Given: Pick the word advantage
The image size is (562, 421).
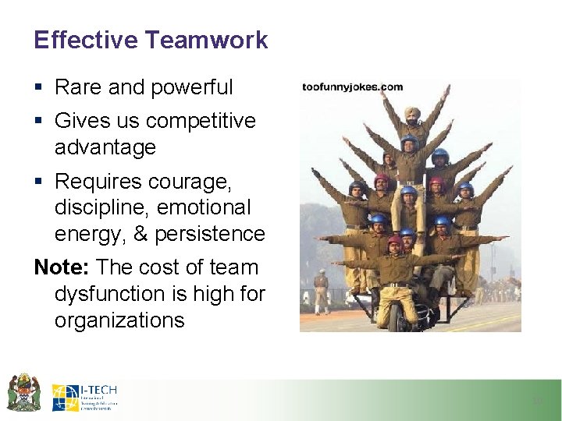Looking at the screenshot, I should click(105, 147).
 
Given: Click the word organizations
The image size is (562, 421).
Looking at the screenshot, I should click(119, 320).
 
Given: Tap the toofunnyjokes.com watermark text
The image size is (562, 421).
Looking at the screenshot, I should click(352, 87).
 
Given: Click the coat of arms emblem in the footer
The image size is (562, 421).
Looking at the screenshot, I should click(23, 392).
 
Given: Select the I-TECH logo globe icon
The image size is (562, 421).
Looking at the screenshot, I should click(65, 398).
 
